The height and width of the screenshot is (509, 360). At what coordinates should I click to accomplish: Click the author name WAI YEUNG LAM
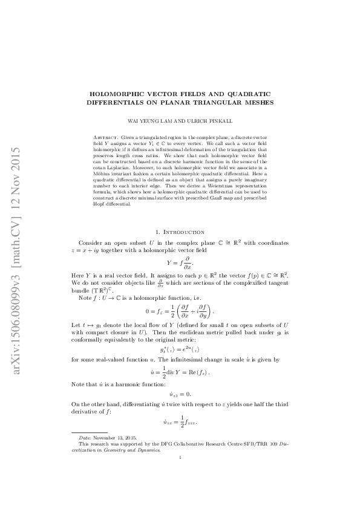159,121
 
